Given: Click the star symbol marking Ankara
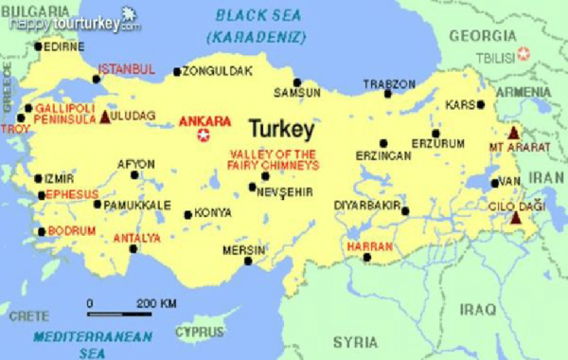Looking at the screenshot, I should pos(203,135).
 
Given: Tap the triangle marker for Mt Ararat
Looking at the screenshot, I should pos(514,134).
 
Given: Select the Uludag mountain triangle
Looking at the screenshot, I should pos(105,117).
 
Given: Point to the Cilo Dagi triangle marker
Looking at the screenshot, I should pos(515,218).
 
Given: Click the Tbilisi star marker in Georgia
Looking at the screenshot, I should pos(524,53).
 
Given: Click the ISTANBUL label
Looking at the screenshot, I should pos(126,69).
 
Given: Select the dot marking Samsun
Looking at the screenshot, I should pos(297,82).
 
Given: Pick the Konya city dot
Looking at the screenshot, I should pos(187,214).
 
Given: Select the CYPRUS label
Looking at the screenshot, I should pos(201,333).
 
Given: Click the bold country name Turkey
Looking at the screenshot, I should pos(282,125).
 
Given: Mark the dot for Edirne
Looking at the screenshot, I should pos(38,45).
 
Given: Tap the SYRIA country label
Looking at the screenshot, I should pos(354,342).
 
